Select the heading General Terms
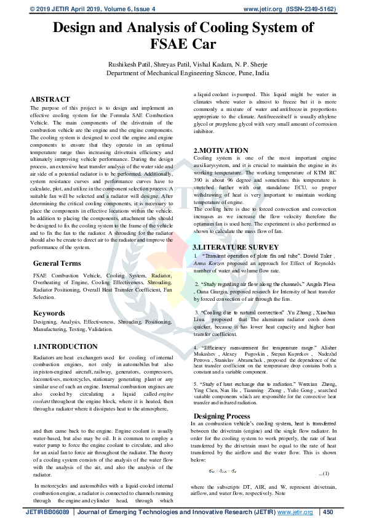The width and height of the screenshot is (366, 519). point(57,263)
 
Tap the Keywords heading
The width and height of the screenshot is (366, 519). point(49,313)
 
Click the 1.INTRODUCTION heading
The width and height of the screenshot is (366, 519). point(65,346)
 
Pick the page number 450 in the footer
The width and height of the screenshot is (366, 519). point(327,512)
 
